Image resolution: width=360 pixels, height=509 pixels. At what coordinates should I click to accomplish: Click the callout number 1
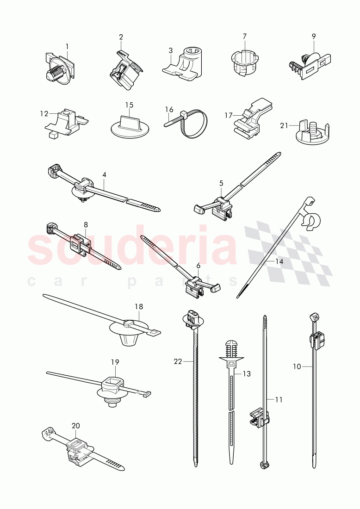(67, 47)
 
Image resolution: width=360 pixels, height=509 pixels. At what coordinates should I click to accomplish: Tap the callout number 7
(245, 37)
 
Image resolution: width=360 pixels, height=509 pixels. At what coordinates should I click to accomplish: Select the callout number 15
(129, 106)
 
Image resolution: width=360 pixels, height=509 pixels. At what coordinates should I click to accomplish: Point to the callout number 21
(284, 125)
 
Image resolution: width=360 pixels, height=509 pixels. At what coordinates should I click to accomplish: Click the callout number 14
(279, 261)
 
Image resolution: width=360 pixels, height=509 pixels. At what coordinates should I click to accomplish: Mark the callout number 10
(297, 366)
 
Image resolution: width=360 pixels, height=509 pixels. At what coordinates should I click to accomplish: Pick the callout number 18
(139, 306)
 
